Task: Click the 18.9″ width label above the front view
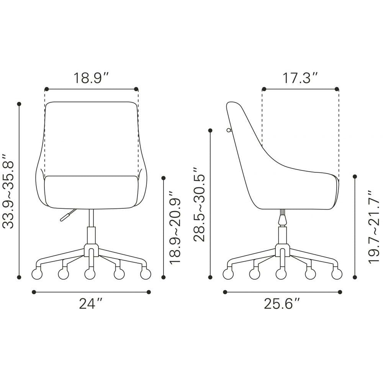(x=91, y=78)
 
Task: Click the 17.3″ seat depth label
(x=300, y=78)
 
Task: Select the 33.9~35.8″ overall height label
(x=8, y=191)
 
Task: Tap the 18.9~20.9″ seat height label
(x=175, y=228)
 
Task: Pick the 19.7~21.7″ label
(x=373, y=228)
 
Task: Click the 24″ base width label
(x=91, y=304)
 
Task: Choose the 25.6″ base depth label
(x=282, y=304)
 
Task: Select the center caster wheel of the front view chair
(x=90, y=274)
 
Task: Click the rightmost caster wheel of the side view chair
(x=337, y=274)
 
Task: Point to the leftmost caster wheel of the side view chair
(x=228, y=274)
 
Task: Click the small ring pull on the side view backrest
(x=229, y=131)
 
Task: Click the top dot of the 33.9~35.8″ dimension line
(x=19, y=104)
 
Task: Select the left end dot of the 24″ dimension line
(x=34, y=292)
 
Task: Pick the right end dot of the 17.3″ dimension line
(x=337, y=89)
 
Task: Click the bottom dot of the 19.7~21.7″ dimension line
(x=355, y=277)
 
